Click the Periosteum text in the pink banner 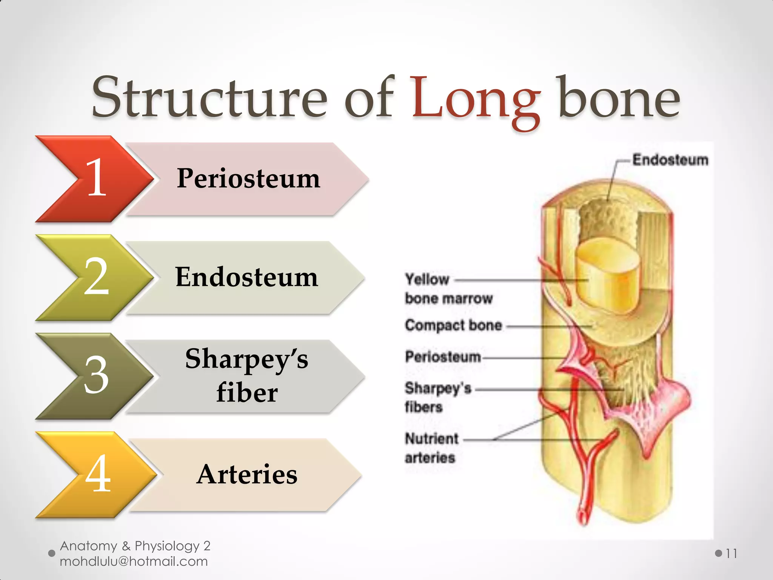pos(248,178)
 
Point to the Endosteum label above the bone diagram pos(670,160)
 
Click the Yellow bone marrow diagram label pos(448,289)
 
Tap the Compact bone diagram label pos(453,325)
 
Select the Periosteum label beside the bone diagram pos(443,357)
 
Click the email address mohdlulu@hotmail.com pos(134,561)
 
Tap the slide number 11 pos(731,554)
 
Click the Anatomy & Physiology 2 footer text pos(135,546)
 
